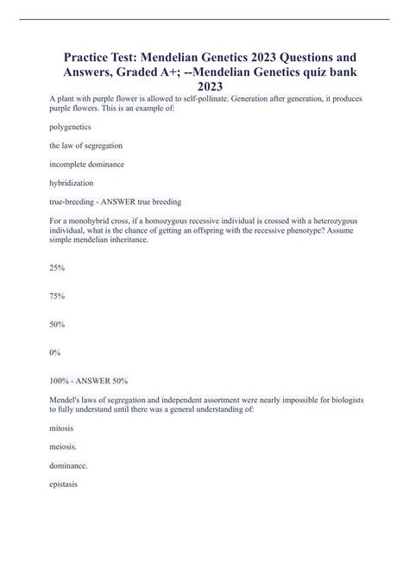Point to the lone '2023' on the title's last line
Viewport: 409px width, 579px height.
click(204, 87)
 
